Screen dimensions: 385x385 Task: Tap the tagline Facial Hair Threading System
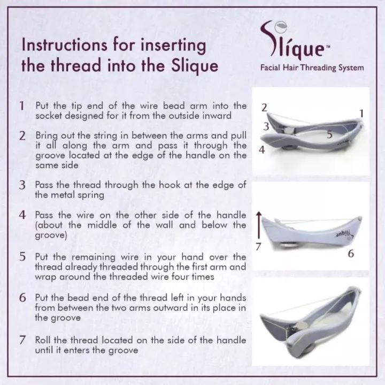[312, 67]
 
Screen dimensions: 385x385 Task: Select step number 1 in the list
[22, 106]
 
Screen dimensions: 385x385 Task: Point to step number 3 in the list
[22, 185]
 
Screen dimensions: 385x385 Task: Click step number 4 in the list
[22, 215]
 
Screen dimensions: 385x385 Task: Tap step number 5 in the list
[22, 257]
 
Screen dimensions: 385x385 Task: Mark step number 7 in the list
[22, 340]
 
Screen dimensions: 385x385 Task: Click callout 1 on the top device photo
[361, 114]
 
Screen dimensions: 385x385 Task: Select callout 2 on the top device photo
[264, 108]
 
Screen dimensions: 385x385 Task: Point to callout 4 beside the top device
[261, 150]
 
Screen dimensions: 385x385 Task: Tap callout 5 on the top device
[329, 135]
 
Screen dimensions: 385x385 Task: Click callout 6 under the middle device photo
[351, 254]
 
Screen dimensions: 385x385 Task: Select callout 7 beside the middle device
[258, 247]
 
